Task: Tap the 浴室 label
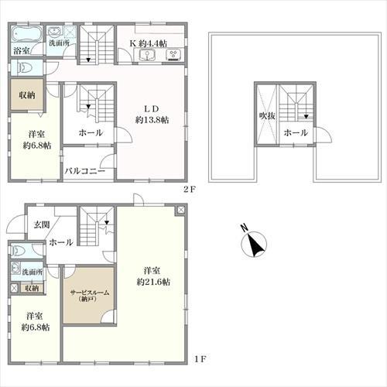22,51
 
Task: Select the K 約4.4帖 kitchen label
149,43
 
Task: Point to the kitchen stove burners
174,55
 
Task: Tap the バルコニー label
85,171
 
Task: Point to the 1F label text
200,358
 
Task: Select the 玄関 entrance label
41,224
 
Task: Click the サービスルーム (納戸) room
90,296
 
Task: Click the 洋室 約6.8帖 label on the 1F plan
36,322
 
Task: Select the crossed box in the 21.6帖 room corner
181,210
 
